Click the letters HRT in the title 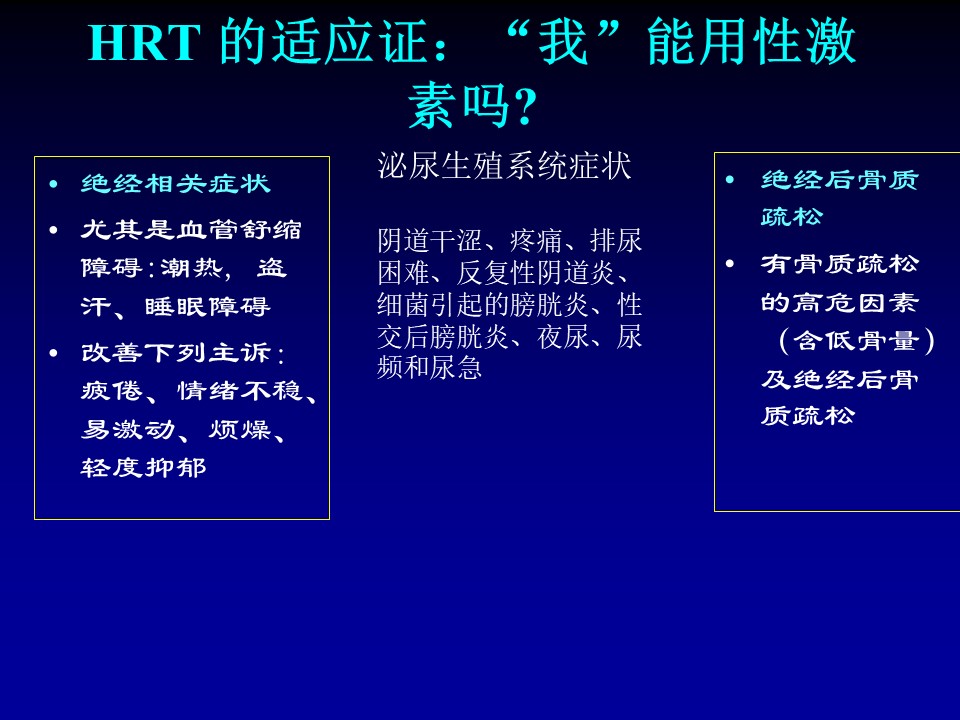coord(144,43)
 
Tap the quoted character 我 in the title coord(563,42)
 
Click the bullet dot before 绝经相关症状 coord(54,184)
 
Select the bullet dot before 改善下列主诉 coord(54,353)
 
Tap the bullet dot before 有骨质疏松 coord(730,264)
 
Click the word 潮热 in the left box coord(192,268)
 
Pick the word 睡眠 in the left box coord(176,307)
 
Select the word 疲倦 coord(111,391)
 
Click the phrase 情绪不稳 coord(239,391)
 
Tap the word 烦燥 coord(239,430)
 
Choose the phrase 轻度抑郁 coord(143,468)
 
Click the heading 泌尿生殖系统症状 coord(504,166)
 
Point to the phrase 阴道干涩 coord(430,241)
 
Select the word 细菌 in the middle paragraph coord(403,305)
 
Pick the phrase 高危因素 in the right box coord(855,303)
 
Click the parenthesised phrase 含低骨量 coord(856,341)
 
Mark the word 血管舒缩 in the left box coord(239,230)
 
